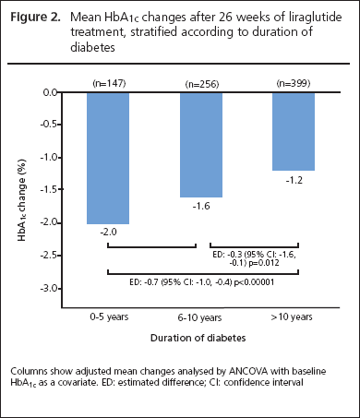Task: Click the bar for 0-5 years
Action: point(108,158)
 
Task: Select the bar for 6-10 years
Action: point(201,145)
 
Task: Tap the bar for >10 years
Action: point(294,131)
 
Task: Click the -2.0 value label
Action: point(108,232)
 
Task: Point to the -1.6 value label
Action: point(201,206)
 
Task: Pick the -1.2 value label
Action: point(294,180)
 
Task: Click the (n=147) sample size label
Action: point(109,83)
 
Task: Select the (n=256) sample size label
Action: point(202,84)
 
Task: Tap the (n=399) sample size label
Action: point(294,83)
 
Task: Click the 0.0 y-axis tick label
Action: point(51,92)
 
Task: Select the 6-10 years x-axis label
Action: point(199,317)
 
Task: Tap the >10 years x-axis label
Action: point(292,316)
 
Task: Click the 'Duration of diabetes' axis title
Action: point(198,338)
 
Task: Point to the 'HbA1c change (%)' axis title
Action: point(21,200)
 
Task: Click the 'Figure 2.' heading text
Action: point(35,18)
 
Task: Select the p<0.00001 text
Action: point(254,282)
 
